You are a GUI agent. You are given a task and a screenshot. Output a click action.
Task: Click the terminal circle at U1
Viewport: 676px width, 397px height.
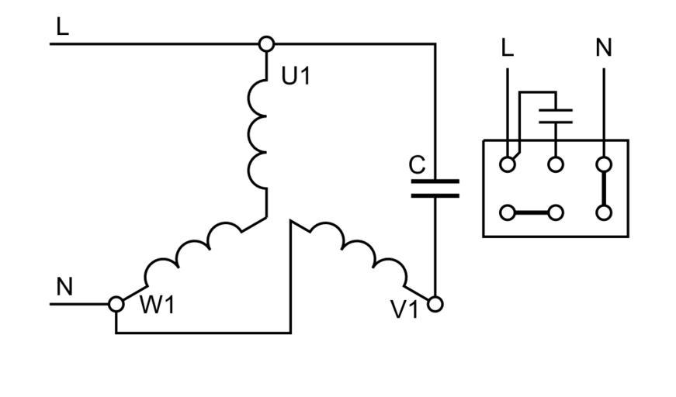point(266,44)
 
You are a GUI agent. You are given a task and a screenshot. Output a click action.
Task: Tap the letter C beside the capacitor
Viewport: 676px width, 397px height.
point(417,165)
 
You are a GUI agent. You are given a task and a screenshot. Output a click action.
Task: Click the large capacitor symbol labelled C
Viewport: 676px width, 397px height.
point(435,188)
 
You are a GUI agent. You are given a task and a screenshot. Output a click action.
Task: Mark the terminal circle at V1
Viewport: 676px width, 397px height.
point(435,304)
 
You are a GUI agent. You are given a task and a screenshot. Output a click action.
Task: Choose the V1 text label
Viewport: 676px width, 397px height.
point(404,310)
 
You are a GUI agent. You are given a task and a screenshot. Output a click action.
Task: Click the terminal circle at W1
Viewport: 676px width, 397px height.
point(116,304)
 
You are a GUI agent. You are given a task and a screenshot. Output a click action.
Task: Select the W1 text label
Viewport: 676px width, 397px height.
point(158,306)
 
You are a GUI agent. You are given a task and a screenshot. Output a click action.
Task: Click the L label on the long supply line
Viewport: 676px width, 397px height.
point(63,27)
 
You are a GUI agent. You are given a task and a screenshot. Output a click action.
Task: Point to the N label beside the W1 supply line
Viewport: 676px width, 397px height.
point(64,287)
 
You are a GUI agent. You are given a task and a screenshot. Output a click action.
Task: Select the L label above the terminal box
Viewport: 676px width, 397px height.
point(508,48)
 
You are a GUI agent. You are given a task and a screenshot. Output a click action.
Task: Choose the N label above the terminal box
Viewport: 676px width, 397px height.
point(604,48)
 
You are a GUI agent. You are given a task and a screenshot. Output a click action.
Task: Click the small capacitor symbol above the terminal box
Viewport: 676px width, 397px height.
point(556,116)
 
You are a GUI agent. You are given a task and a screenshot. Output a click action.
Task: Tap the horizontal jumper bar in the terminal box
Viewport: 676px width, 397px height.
point(532,212)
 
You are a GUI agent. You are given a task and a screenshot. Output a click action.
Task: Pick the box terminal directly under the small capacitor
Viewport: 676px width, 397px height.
point(556,164)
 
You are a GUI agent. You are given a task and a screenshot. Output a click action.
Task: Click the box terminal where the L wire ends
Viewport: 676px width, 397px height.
point(508,164)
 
